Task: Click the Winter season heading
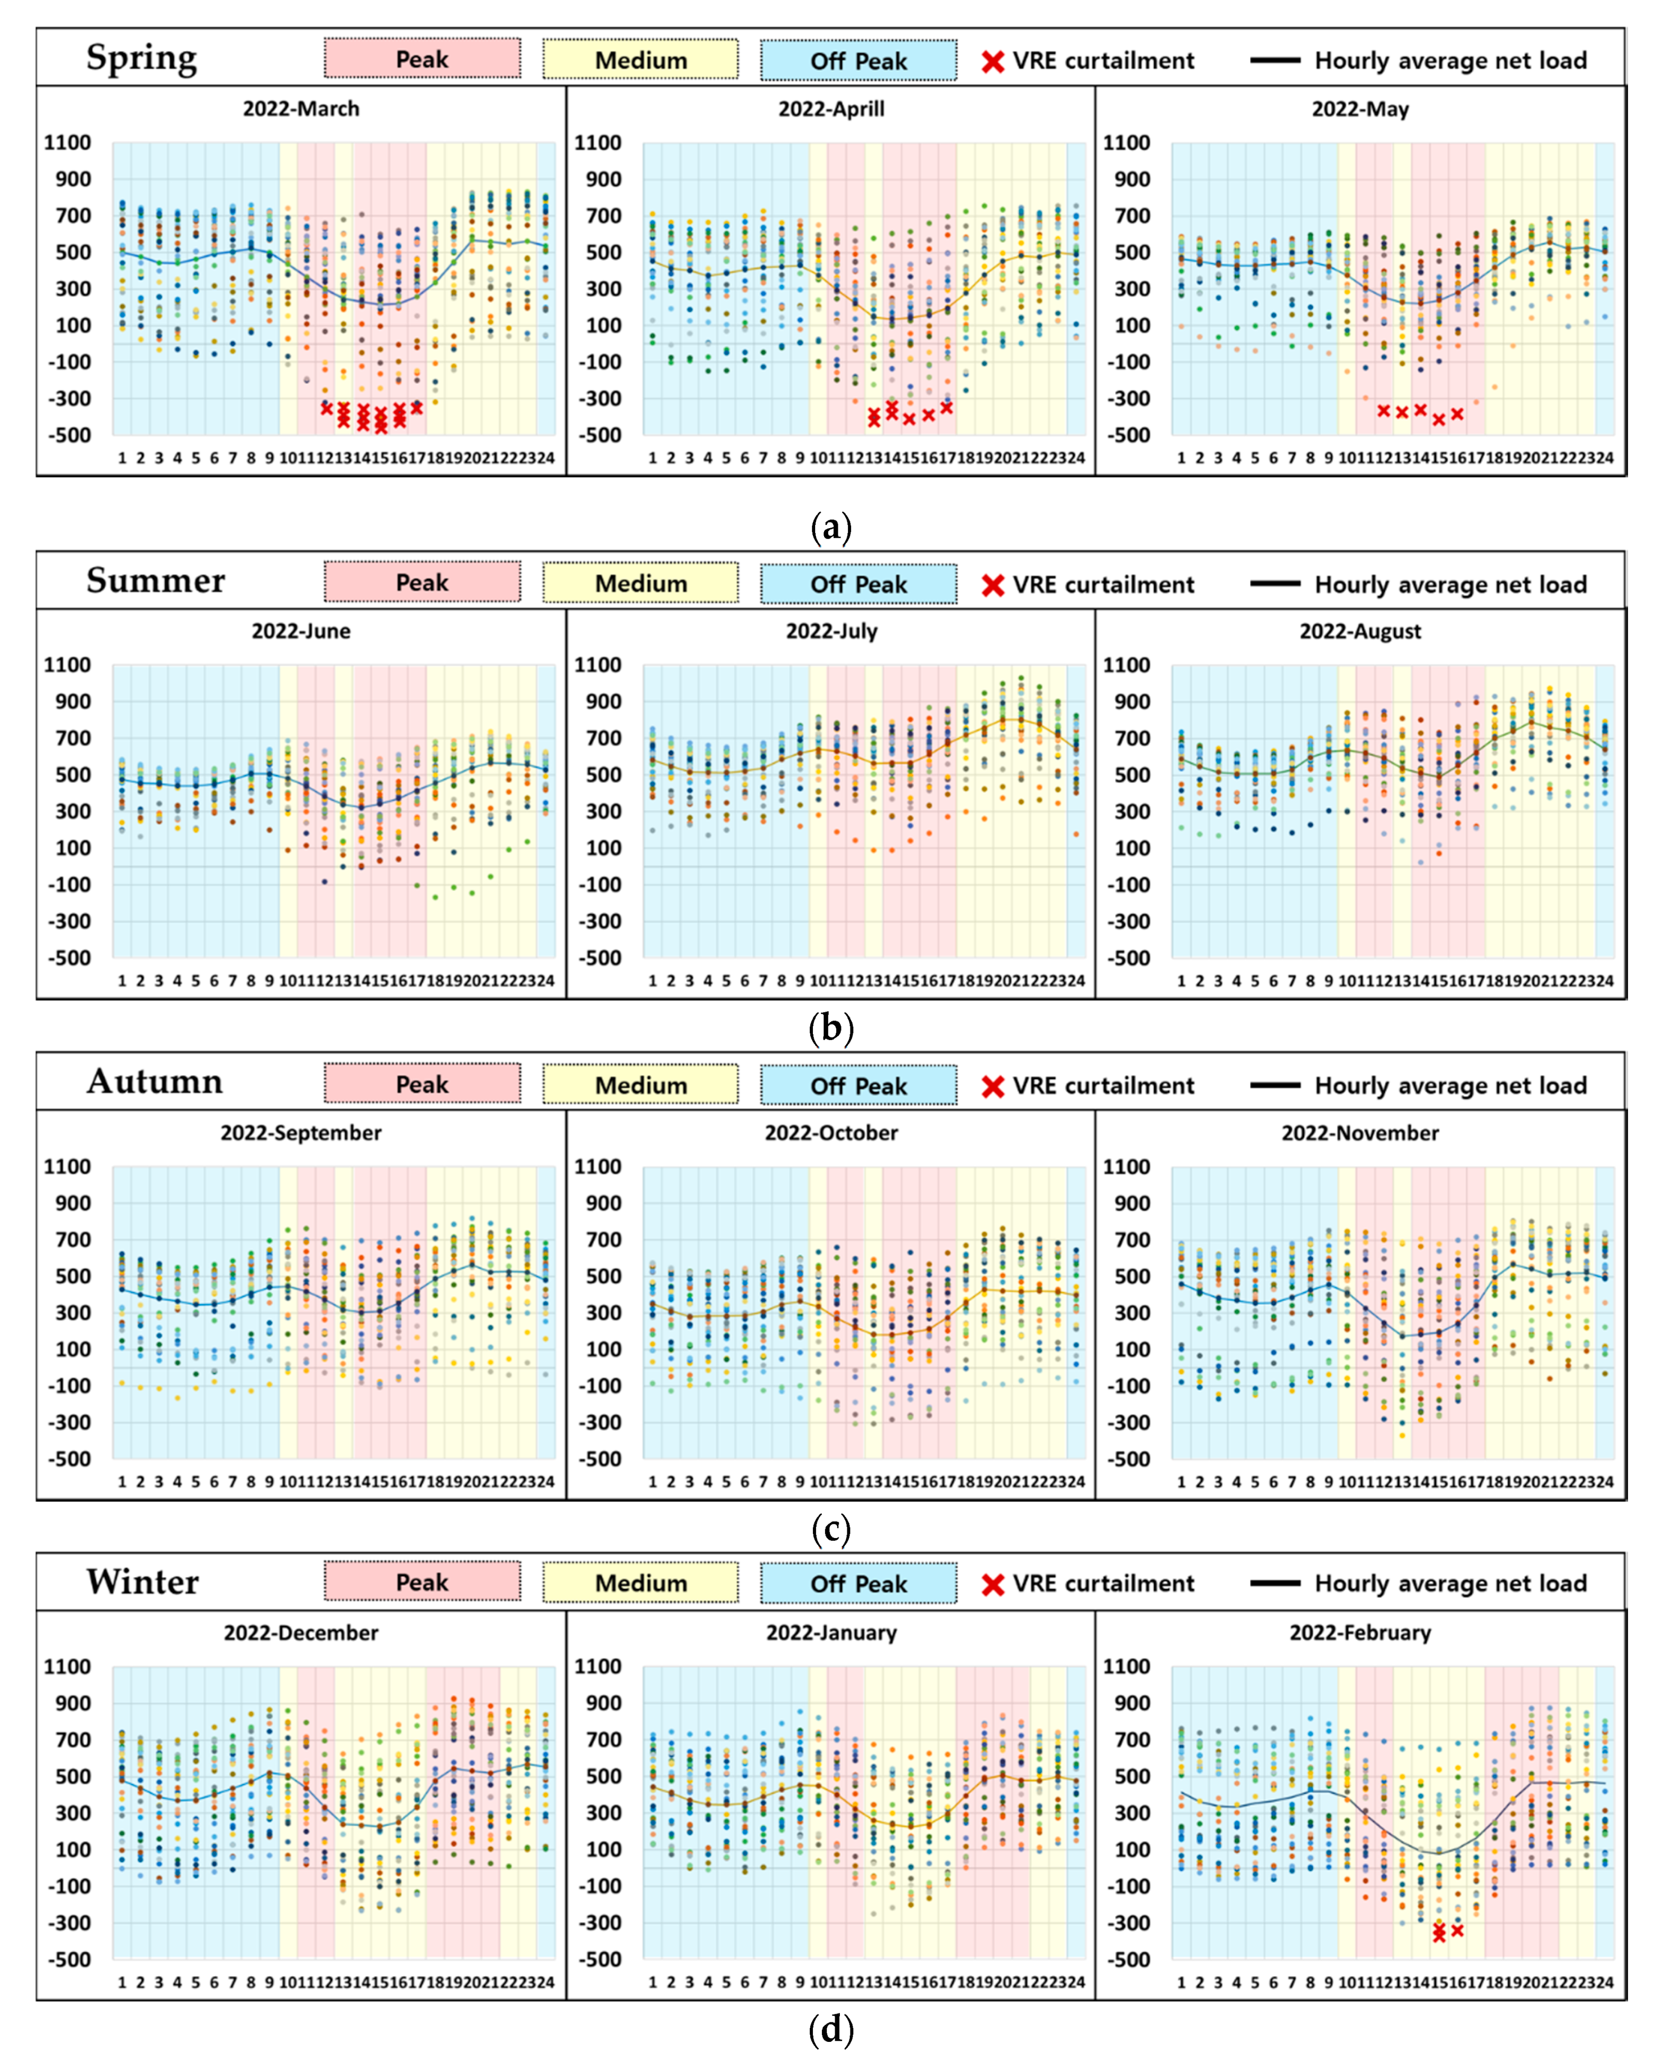(143, 1582)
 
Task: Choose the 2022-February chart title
(1360, 1633)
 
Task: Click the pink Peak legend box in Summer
(423, 582)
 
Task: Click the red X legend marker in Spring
(993, 61)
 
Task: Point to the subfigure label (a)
(831, 527)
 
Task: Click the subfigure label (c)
(831, 1529)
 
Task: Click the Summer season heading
(155, 581)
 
